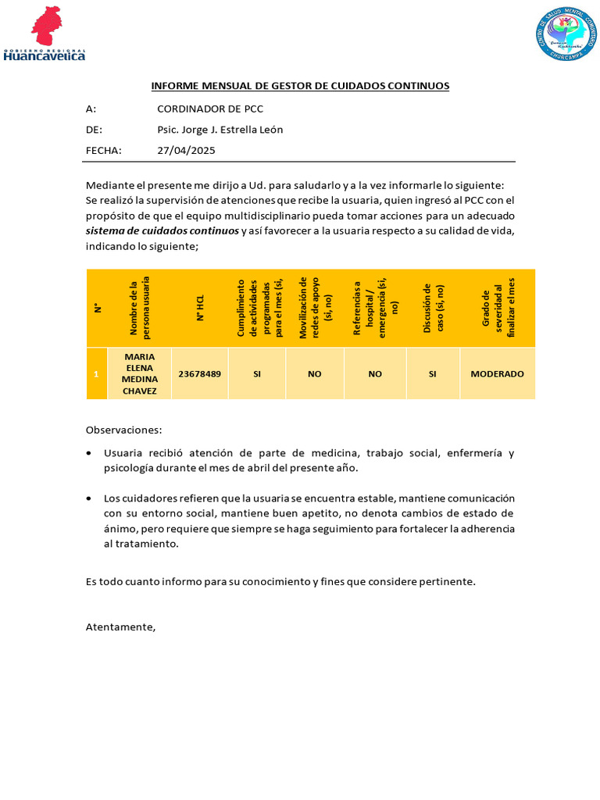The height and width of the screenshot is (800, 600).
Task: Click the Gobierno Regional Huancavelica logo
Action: (x=45, y=34)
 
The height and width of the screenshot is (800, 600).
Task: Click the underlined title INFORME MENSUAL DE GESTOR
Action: (x=299, y=86)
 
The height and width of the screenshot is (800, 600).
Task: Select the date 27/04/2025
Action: (x=186, y=150)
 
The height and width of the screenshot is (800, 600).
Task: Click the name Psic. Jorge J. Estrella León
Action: (x=220, y=130)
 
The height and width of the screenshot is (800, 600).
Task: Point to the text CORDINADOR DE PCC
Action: (x=210, y=109)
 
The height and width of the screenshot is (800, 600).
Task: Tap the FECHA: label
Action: (x=103, y=150)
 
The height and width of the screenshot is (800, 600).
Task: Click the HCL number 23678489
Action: (x=200, y=374)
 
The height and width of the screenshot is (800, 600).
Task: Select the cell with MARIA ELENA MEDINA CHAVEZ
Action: (x=140, y=374)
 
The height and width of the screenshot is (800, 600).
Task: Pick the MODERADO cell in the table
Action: (x=497, y=374)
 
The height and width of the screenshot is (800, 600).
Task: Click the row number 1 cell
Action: (x=96, y=374)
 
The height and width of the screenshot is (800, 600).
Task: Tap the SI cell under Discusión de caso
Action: (x=432, y=374)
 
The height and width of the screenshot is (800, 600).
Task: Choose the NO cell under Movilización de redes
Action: (x=315, y=374)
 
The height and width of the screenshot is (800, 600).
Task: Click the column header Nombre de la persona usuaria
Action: (x=140, y=307)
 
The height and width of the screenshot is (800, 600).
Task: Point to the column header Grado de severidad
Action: (x=497, y=307)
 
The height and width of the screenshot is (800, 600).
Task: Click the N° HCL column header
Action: (x=200, y=307)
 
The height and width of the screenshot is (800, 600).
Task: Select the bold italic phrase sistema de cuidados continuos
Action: (x=162, y=231)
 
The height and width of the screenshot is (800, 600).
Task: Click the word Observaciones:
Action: (x=123, y=430)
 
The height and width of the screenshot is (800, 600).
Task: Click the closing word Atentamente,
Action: (x=120, y=627)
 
